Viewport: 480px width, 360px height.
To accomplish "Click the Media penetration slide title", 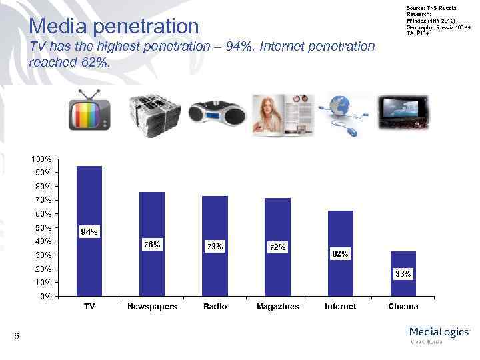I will (x=115, y=27).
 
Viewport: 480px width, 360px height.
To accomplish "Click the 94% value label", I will (x=89, y=232).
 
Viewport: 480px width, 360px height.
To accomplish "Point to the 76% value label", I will (x=152, y=245).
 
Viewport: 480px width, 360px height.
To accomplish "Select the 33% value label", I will (x=403, y=274).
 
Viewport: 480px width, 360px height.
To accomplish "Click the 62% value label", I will (x=340, y=254).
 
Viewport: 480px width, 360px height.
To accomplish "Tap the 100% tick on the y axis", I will (x=40, y=160).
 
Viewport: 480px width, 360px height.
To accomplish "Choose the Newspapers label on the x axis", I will (x=152, y=307).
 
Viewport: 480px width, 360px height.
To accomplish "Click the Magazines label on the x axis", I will (x=278, y=307).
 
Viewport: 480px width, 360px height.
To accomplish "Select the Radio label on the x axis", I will (x=215, y=307).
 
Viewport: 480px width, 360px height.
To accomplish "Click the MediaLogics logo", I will (x=439, y=333).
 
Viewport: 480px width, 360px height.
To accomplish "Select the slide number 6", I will (x=17, y=338).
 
